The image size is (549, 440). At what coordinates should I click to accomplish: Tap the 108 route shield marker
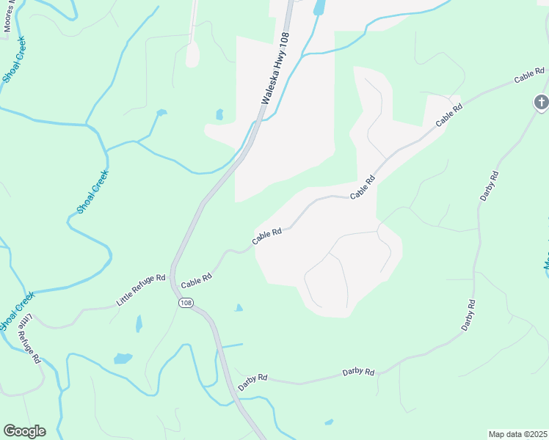click(185, 303)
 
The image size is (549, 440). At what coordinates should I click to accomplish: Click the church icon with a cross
click(541, 103)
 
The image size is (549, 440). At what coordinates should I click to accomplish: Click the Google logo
click(24, 431)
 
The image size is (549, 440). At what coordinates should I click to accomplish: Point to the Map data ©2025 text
click(517, 434)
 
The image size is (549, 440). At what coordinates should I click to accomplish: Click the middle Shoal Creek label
click(92, 192)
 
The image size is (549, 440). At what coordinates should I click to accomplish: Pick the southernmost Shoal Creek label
click(16, 310)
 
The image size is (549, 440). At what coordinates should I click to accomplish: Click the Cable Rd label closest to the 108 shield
click(196, 279)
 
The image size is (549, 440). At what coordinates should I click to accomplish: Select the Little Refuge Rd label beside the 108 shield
click(142, 290)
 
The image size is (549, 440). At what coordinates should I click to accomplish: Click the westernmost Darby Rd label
click(252, 380)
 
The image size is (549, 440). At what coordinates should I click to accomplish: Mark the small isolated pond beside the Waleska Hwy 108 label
click(219, 114)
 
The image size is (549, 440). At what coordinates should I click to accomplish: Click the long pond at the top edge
click(319, 7)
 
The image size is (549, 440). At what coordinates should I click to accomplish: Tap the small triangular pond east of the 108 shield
click(238, 308)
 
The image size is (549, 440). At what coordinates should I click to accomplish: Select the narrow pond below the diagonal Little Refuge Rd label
click(139, 323)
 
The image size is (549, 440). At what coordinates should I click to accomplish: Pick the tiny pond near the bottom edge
click(329, 422)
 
